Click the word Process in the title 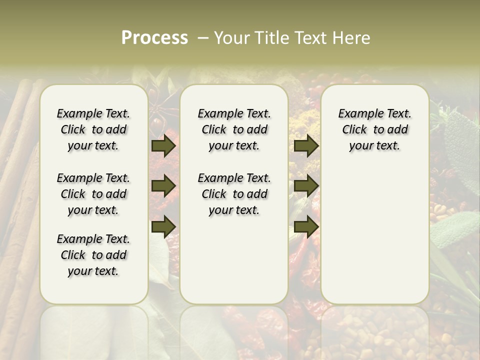tap(154, 38)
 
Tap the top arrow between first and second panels tap(163, 146)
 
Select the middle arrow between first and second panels tap(163, 186)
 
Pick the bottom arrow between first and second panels tap(163, 226)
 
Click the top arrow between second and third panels tap(306, 146)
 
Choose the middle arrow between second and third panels tap(306, 186)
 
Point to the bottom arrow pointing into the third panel tap(306, 226)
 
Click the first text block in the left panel tap(93, 129)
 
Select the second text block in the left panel tap(93, 194)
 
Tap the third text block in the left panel tap(93, 255)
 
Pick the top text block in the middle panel tap(234, 129)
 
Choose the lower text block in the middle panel tap(234, 194)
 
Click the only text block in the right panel tap(374, 129)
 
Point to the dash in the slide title tap(203, 38)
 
